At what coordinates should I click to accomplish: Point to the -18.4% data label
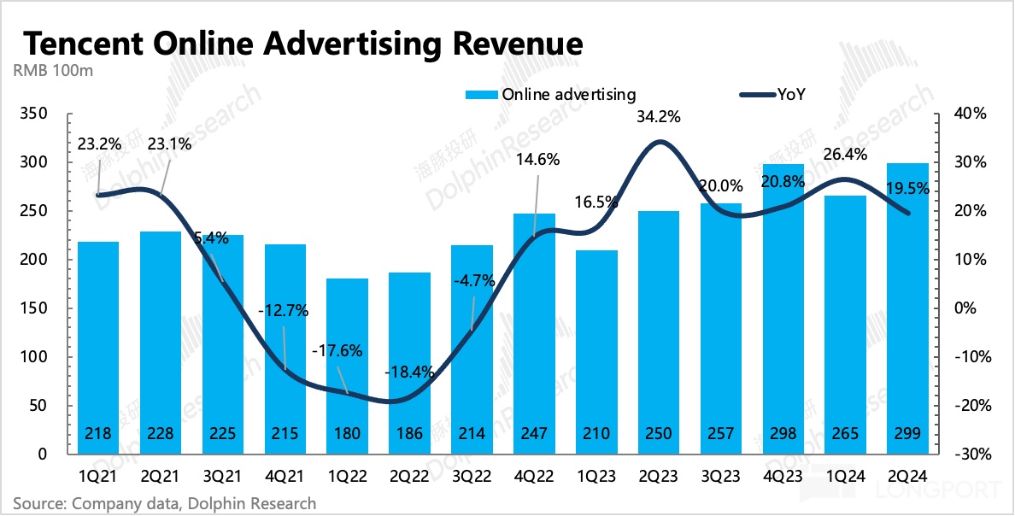click(x=410, y=372)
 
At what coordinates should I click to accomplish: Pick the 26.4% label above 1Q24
click(x=844, y=155)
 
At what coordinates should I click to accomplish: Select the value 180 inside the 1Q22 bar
click(x=347, y=434)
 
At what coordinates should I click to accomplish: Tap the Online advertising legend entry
click(x=550, y=95)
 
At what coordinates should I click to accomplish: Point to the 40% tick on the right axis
click(x=971, y=114)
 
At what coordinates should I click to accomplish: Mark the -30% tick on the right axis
click(x=971, y=454)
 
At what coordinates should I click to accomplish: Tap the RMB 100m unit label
click(x=52, y=71)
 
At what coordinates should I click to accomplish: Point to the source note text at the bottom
click(x=164, y=503)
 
